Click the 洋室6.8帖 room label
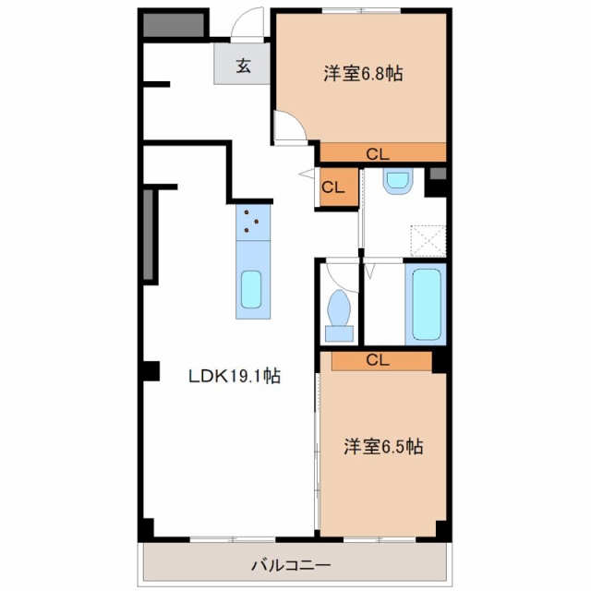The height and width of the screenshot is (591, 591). [x=363, y=74]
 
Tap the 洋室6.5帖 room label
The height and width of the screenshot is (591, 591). [x=383, y=447]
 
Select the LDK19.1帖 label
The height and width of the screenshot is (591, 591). [x=235, y=376]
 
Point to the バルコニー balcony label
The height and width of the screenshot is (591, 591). [x=291, y=565]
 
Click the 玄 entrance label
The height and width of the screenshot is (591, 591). [x=244, y=66]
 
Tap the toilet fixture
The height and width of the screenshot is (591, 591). [x=339, y=316]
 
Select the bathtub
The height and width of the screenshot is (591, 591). [x=427, y=304]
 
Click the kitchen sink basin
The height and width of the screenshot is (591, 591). [x=251, y=289]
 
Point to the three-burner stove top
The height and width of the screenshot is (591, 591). [x=253, y=223]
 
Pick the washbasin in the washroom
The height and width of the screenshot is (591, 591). [x=398, y=181]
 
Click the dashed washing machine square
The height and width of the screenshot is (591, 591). [x=428, y=241]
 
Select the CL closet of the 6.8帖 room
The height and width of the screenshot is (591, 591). [x=383, y=152]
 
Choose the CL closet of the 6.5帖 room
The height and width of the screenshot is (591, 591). [x=381, y=361]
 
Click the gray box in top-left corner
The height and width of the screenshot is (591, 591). [x=174, y=25]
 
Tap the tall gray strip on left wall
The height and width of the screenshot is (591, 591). [x=148, y=235]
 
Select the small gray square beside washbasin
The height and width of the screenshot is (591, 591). [x=438, y=174]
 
